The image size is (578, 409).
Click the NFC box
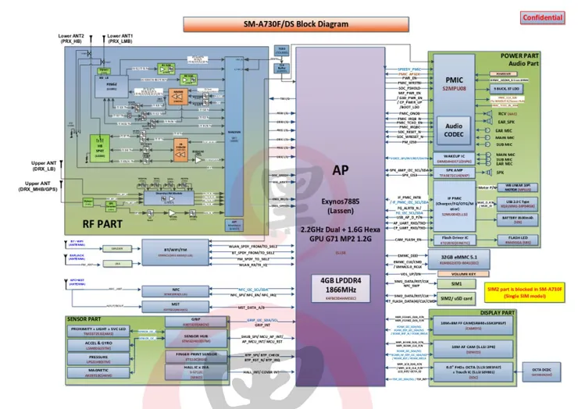(x=175, y=290)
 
